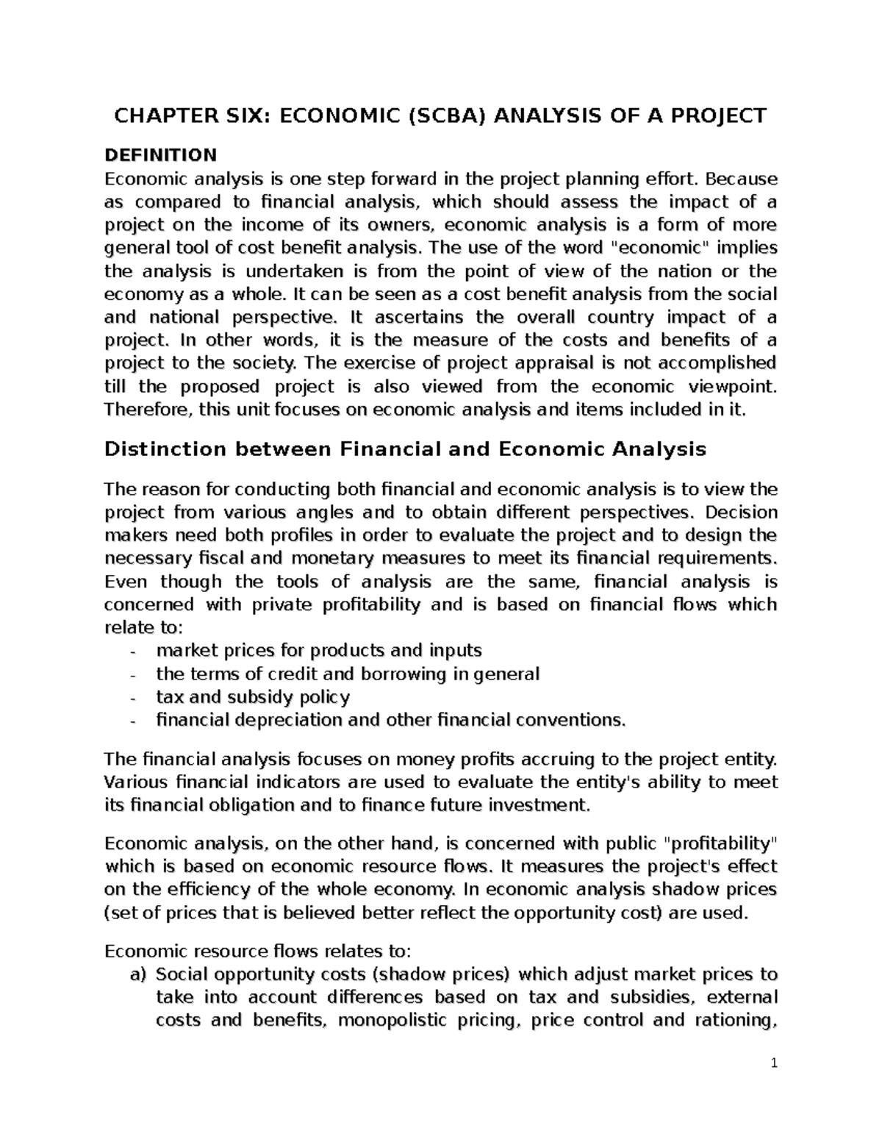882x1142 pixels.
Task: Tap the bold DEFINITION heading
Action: tap(160, 155)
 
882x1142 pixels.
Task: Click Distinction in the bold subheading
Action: tap(165, 449)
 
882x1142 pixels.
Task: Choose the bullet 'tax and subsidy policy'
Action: tap(253, 696)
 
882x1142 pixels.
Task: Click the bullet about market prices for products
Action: tap(319, 651)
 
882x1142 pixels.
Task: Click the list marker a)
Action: tap(137, 975)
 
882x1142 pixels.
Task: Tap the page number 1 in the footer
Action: tap(774, 1063)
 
